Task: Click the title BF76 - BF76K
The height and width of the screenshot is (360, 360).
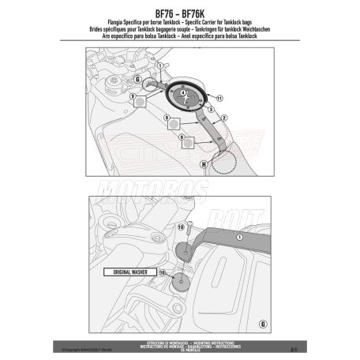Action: (x=180, y=13)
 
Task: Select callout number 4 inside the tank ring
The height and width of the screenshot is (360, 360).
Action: (x=184, y=94)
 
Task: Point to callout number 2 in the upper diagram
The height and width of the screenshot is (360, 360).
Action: (x=224, y=117)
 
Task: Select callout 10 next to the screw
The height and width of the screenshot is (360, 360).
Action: (x=181, y=227)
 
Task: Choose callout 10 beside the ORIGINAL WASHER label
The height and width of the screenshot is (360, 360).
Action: (x=163, y=272)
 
